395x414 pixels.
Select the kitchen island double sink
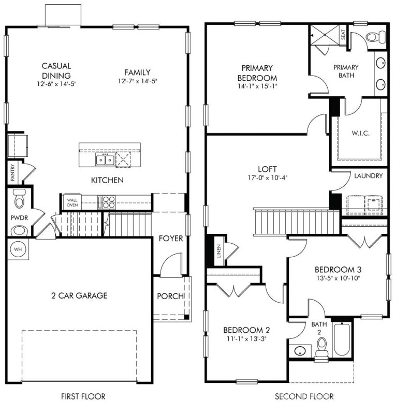105,159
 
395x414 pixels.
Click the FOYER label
170,239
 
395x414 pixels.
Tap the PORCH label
170,296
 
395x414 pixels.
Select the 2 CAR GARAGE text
79,295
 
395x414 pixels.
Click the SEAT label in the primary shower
343,34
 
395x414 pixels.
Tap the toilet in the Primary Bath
371,36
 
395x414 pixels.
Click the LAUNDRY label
369,176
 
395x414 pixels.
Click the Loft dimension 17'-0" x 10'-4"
267,177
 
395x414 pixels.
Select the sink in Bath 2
300,351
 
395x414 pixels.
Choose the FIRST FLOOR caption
83,396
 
